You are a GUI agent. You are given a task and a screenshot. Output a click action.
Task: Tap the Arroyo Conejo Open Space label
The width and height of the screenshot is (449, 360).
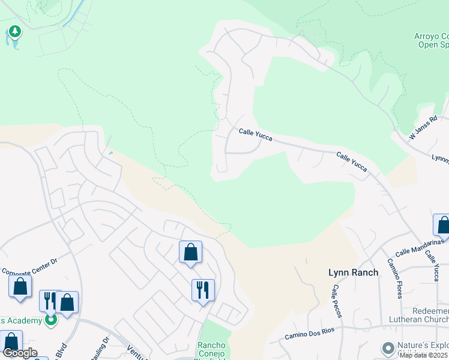[432, 40]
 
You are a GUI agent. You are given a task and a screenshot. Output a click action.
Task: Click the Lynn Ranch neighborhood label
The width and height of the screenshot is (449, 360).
[354, 272]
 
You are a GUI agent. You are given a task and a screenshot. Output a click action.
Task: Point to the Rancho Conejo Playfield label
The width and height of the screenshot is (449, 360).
[211, 350]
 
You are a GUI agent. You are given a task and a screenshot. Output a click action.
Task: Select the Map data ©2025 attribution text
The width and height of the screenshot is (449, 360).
[424, 355]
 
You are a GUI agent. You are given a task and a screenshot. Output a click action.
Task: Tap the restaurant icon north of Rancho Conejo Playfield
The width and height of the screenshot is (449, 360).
[203, 290]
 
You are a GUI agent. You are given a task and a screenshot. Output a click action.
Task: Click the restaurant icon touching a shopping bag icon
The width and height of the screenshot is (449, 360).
[49, 300]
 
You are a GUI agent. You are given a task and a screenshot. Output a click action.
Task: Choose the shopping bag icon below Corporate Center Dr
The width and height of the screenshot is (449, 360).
[20, 286]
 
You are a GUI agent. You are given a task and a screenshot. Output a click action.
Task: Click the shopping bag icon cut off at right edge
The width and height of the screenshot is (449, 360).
[442, 225]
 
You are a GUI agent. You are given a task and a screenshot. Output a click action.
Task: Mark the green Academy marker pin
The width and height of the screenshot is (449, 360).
[51, 320]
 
